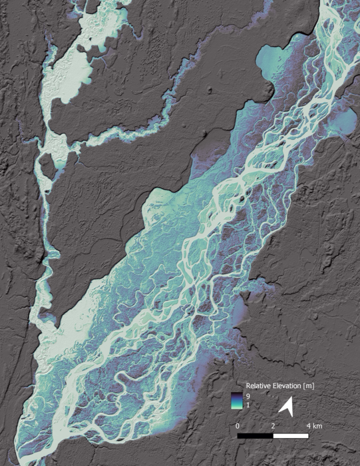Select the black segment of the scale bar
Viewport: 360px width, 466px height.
256,437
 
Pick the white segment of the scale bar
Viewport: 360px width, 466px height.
291,437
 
